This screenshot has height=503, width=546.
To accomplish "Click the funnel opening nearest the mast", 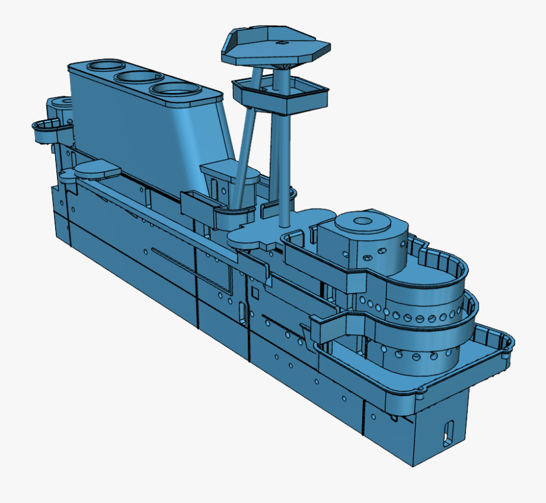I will [x=176, y=89].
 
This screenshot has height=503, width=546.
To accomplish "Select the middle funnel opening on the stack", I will [x=138, y=77].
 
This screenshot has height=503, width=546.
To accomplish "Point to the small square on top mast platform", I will [x=281, y=43].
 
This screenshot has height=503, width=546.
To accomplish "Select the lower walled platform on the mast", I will [x=279, y=95].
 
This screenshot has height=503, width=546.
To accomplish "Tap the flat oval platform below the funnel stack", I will [x=96, y=169].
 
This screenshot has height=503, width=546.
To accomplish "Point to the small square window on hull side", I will [x=255, y=294].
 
